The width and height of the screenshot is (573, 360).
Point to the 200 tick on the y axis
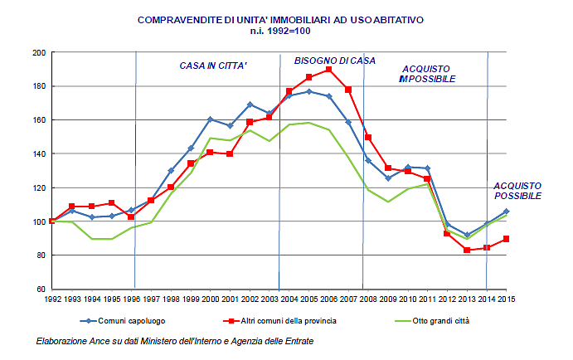(x=38, y=52)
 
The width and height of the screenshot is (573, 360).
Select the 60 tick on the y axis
(x=40, y=289)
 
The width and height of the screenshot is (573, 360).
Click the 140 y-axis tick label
(x=38, y=120)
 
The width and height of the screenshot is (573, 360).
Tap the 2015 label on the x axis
(x=506, y=299)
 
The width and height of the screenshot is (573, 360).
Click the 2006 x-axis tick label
(x=328, y=299)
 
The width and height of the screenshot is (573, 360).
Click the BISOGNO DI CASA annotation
(x=334, y=61)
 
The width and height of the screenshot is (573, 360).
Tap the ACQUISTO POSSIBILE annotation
(x=517, y=191)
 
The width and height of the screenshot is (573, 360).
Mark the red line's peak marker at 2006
(x=328, y=70)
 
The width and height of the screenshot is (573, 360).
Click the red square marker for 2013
(x=467, y=250)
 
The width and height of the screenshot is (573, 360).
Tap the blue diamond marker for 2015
(x=506, y=212)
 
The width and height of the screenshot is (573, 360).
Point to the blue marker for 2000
(x=210, y=119)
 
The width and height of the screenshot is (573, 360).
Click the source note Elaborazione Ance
(x=175, y=341)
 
